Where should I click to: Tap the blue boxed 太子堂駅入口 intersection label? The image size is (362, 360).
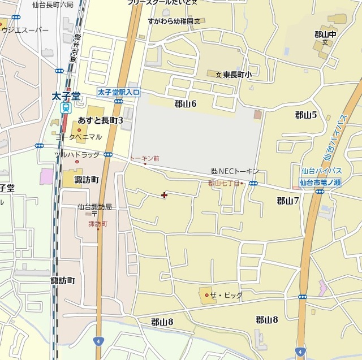point(118,92)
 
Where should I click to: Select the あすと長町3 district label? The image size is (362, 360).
point(101,120)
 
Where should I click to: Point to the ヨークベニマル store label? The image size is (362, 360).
point(79,136)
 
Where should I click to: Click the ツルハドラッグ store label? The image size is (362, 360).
point(76,154)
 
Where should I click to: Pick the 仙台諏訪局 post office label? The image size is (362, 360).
point(94,207)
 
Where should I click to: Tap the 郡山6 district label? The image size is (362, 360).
point(185,103)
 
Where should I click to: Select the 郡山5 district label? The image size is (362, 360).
point(305,115)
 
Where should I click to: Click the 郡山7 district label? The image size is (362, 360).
point(287,201)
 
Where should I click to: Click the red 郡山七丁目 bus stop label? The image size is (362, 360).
point(224,183)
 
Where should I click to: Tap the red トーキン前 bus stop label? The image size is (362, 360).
point(144,159)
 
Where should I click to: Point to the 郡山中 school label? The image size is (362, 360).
point(326,34)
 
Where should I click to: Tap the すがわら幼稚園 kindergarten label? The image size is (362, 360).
point(170,21)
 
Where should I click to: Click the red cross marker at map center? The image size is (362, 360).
point(165,195)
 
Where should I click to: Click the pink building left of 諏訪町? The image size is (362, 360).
point(46,176)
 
